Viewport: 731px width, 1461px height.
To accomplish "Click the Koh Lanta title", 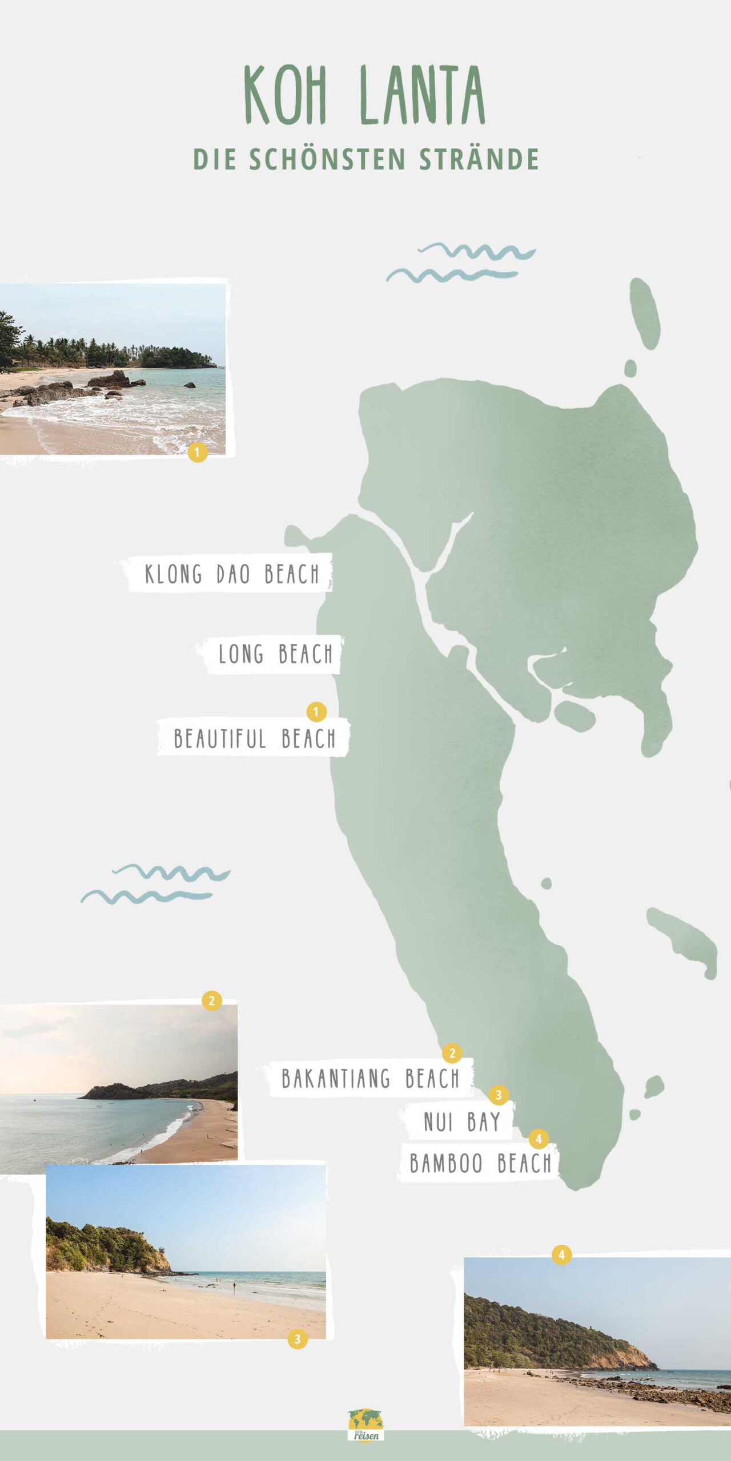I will [x=364, y=95].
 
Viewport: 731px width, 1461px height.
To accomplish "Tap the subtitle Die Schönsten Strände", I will [x=365, y=159].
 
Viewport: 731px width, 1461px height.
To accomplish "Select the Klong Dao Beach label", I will [x=231, y=574].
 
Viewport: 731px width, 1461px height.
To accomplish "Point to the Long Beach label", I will [x=275, y=654].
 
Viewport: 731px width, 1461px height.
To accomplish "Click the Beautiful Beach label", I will [x=254, y=738].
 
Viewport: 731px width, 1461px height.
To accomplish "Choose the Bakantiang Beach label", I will [x=370, y=1079].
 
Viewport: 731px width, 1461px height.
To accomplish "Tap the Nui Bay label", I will [x=461, y=1122].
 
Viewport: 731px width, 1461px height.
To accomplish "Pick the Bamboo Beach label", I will [x=480, y=1163].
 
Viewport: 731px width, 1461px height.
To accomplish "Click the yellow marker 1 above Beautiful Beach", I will [x=316, y=712].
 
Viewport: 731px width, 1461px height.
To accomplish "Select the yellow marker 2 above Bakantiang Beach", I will [x=452, y=1053].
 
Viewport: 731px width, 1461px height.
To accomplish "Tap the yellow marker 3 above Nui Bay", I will [x=499, y=1095].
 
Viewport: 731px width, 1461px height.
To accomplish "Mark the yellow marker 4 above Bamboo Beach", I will [x=539, y=1139].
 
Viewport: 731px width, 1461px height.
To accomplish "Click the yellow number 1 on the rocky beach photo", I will [x=197, y=453].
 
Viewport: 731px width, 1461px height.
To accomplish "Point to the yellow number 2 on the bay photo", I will [x=211, y=1000].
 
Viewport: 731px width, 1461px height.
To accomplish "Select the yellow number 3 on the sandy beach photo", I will [x=297, y=1339].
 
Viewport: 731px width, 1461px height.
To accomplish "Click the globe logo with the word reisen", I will [x=365, y=1424].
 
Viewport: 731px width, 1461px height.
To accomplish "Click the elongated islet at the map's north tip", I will [x=645, y=313].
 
